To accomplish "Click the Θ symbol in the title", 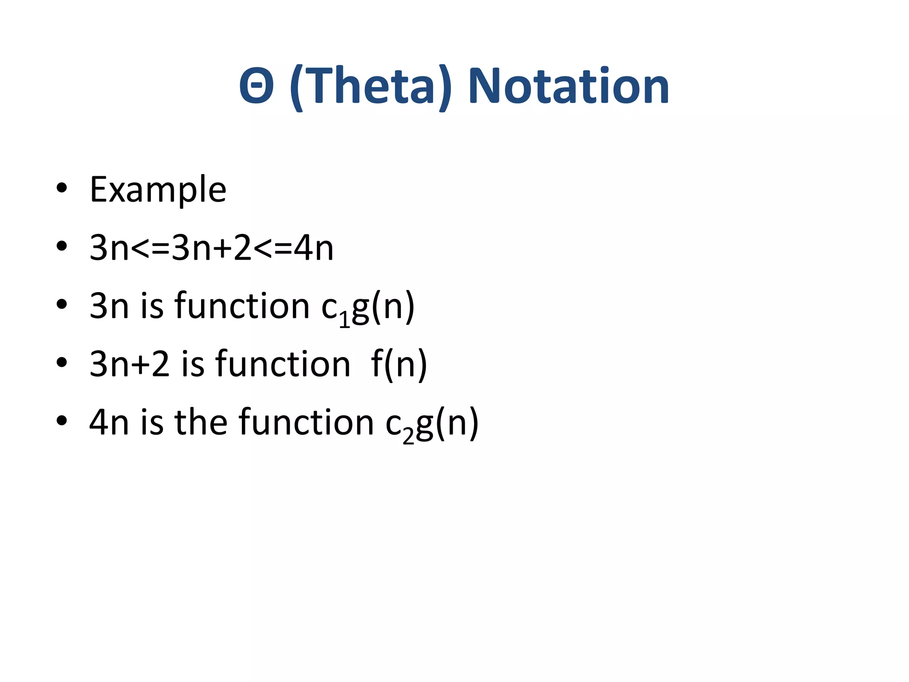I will pyautogui.click(x=256, y=86).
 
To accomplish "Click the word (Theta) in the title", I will pyautogui.click(x=371, y=86).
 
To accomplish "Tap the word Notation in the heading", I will pyautogui.click(x=569, y=86).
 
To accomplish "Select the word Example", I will pyautogui.click(x=158, y=190).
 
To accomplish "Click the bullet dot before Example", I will pyautogui.click(x=62, y=188).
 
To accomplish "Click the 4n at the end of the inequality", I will pyautogui.click(x=313, y=248).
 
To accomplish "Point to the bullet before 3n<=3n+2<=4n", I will pyautogui.click(x=62, y=246).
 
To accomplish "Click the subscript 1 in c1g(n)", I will pyautogui.click(x=345, y=320).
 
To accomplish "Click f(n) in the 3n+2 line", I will pyautogui.click(x=399, y=365).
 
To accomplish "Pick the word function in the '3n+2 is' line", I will pyautogui.click(x=283, y=365).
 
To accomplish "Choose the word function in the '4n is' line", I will pyautogui.click(x=306, y=422).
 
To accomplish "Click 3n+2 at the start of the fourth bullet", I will pyautogui.click(x=129, y=365).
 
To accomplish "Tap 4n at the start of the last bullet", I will pyautogui.click(x=109, y=422).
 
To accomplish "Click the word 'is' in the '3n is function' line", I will pyautogui.click(x=152, y=306).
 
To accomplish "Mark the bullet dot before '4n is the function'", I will pyautogui.click(x=62, y=420).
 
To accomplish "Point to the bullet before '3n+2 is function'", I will pyautogui.click(x=62, y=362).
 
